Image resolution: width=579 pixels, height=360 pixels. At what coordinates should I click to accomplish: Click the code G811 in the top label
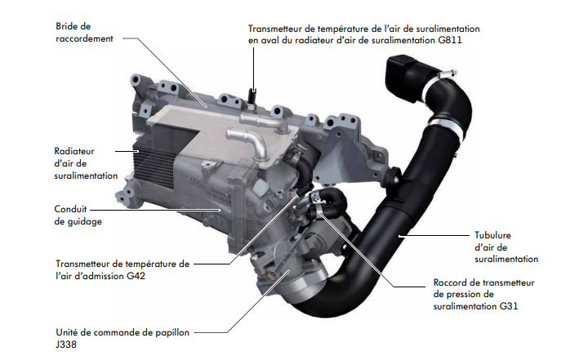450,40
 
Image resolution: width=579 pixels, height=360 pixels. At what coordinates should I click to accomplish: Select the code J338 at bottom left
66,344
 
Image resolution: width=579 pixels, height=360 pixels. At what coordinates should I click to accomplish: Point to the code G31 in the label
509,306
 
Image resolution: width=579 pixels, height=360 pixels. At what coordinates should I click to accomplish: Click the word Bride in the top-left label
65,26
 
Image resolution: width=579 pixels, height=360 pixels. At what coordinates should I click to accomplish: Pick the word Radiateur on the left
74,151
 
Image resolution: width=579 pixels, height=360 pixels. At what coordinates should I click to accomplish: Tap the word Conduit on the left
70,209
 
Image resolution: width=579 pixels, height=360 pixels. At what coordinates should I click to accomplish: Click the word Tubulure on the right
492,235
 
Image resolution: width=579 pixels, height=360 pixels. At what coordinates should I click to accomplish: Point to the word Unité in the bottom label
67,332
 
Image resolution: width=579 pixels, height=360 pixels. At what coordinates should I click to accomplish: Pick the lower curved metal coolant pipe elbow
249,142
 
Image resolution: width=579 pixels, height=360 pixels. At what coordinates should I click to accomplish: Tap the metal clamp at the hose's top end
447,75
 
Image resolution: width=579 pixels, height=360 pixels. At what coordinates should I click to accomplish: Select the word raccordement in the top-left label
84,38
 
